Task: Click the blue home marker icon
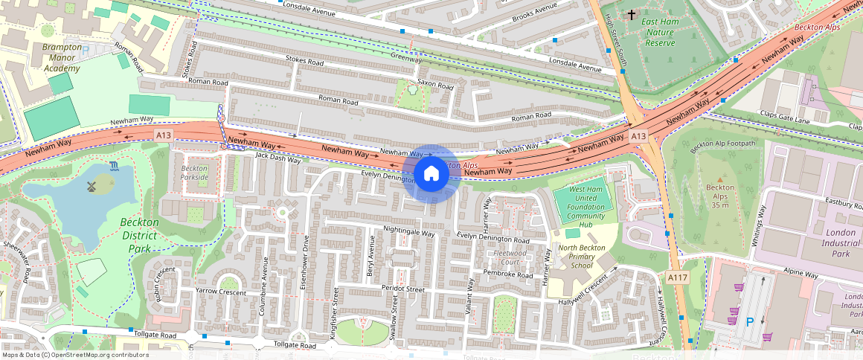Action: (x=431, y=174)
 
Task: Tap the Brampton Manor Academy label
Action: (x=51, y=57)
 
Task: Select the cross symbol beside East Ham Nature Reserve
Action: (x=632, y=14)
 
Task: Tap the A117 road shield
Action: (x=677, y=277)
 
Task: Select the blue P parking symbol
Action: (x=750, y=321)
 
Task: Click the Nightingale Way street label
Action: (x=408, y=233)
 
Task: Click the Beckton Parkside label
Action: (x=194, y=173)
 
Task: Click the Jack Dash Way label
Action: (x=278, y=158)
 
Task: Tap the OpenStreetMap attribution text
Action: (x=75, y=355)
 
